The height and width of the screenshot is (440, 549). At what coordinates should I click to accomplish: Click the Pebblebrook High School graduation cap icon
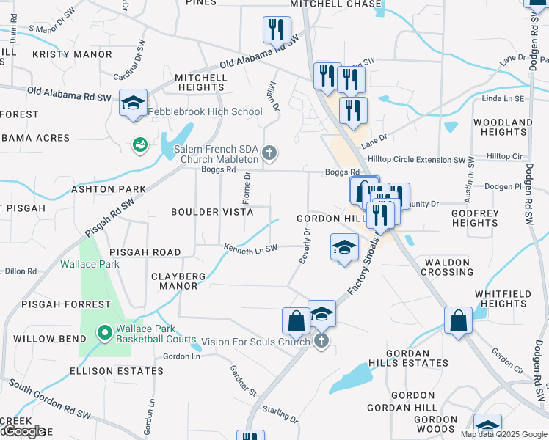click(x=134, y=103)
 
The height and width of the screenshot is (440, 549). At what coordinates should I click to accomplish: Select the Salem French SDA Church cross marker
click(x=269, y=153)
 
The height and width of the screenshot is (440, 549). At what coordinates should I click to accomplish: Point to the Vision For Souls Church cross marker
click(x=321, y=341)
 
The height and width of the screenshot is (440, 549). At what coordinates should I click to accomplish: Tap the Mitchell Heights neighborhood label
click(x=200, y=82)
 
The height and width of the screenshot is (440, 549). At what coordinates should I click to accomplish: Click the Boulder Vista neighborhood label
click(x=212, y=212)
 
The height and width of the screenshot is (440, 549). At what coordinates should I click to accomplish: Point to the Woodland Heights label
click(x=502, y=127)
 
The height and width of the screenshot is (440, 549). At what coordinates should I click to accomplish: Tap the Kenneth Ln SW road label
click(x=251, y=249)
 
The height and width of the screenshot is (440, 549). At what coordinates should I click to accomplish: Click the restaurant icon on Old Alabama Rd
click(x=277, y=30)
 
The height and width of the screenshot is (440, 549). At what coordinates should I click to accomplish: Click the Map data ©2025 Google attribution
click(x=503, y=434)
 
